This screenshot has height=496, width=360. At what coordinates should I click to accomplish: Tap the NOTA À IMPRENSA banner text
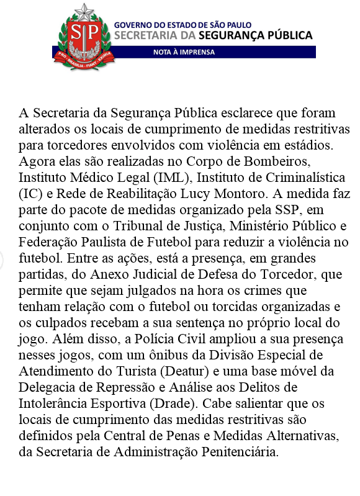pos(184,52)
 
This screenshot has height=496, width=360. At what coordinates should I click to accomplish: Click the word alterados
pos(43,130)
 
